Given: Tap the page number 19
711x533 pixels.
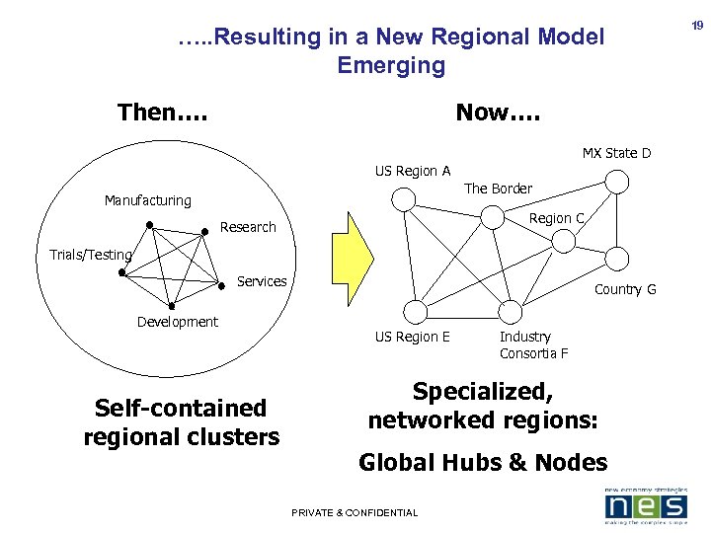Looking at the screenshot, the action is [x=697, y=26].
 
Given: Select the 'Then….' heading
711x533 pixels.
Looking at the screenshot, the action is [x=162, y=113].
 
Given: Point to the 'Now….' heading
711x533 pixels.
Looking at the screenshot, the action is [x=498, y=113].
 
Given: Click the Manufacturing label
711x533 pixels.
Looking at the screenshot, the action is [x=148, y=200].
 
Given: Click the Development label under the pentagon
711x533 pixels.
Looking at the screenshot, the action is [x=178, y=322].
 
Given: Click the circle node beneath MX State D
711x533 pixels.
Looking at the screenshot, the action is [x=617, y=182].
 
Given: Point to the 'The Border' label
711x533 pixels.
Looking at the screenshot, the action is [x=498, y=189].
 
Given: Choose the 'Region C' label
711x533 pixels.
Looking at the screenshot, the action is [x=557, y=218].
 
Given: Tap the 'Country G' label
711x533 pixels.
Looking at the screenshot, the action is [x=625, y=289].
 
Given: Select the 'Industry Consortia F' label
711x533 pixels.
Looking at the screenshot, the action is [x=533, y=345].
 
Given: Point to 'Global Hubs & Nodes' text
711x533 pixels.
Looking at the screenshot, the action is [x=483, y=462].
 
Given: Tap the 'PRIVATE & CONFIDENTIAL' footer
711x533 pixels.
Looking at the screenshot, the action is [x=355, y=512].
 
